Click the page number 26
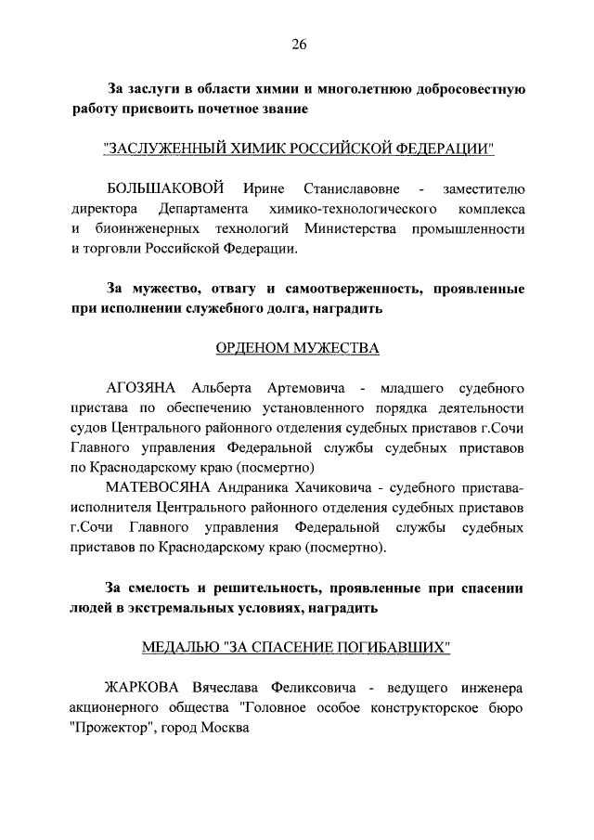tap(298, 43)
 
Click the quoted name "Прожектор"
tap(110, 727)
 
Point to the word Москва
tap(227, 727)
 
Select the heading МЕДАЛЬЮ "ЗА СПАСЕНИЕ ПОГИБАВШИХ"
tap(297, 646)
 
